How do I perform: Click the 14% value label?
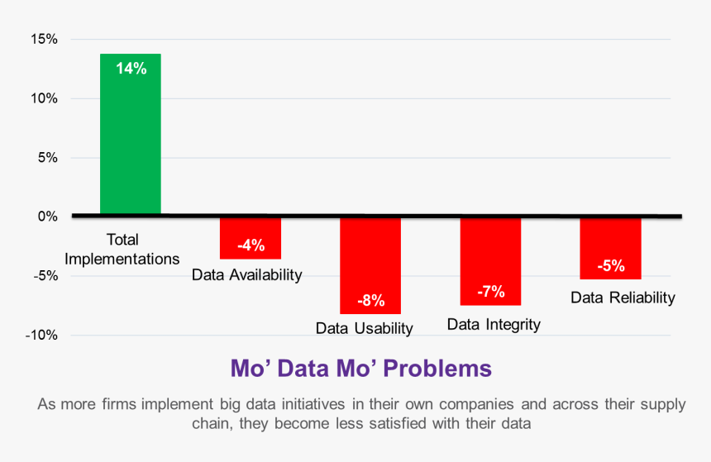click(x=131, y=69)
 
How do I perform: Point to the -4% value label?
click(x=250, y=245)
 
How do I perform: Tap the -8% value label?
click(x=370, y=300)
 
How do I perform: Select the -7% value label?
click(x=490, y=291)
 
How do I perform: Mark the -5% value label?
click(x=610, y=265)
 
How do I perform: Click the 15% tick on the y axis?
click(x=43, y=39)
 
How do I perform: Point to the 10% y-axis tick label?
click(x=43, y=98)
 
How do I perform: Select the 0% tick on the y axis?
click(x=46, y=217)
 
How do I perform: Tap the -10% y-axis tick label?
click(x=40, y=335)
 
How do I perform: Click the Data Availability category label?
click(x=247, y=274)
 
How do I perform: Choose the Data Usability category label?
click(x=364, y=328)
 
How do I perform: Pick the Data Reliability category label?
click(x=623, y=298)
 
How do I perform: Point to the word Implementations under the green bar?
click(x=122, y=258)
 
